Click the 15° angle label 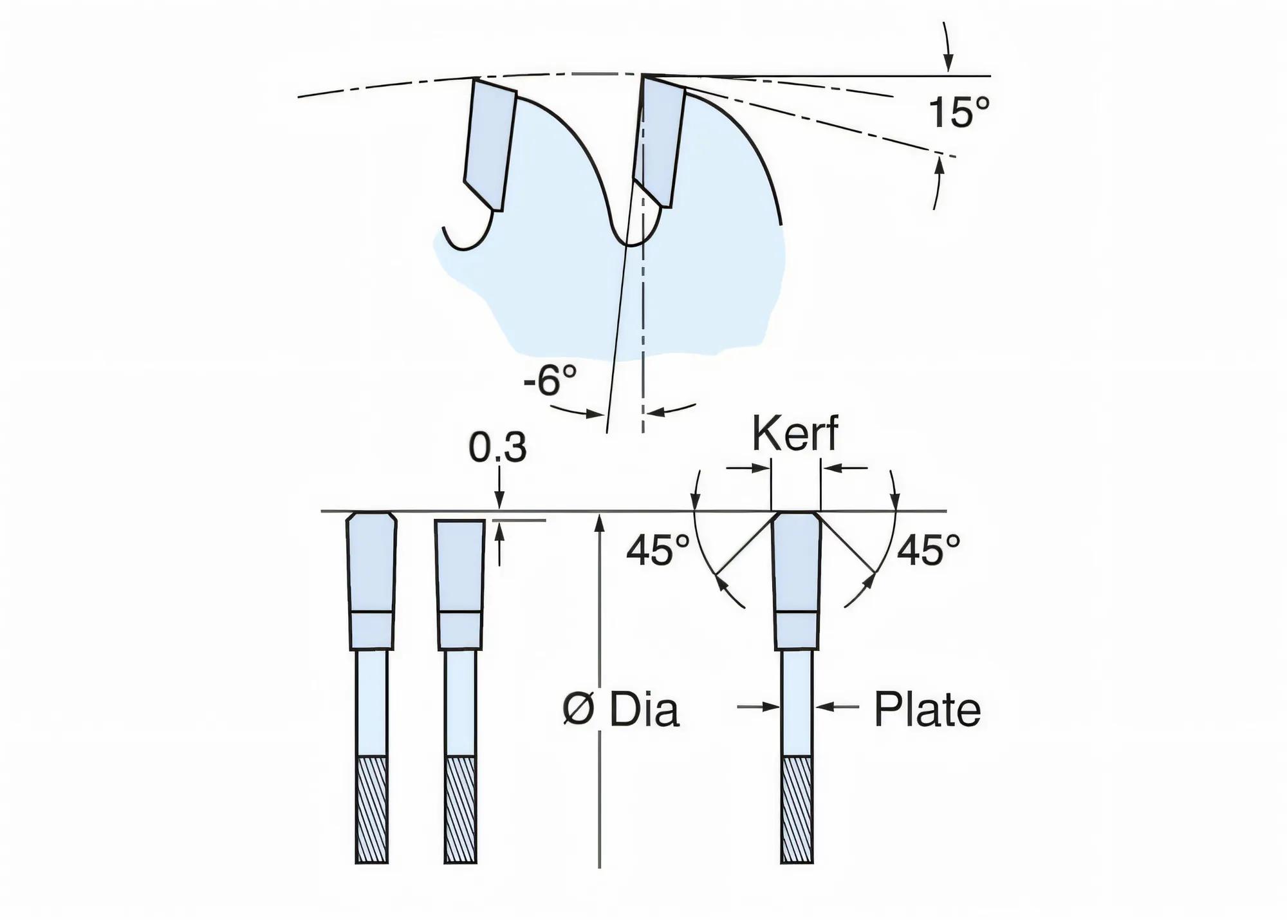tap(958, 113)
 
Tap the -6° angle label tap(550, 380)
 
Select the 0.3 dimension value tap(497, 447)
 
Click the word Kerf tap(795, 434)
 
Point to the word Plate tap(927, 709)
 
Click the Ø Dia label tap(620, 710)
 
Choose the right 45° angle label tap(928, 550)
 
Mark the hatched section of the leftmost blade tap(372, 809)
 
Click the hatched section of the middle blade tap(460, 809)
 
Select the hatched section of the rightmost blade tap(797, 809)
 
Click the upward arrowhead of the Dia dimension tap(600, 520)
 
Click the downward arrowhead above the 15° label tap(947, 64)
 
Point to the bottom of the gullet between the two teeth tap(631, 244)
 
